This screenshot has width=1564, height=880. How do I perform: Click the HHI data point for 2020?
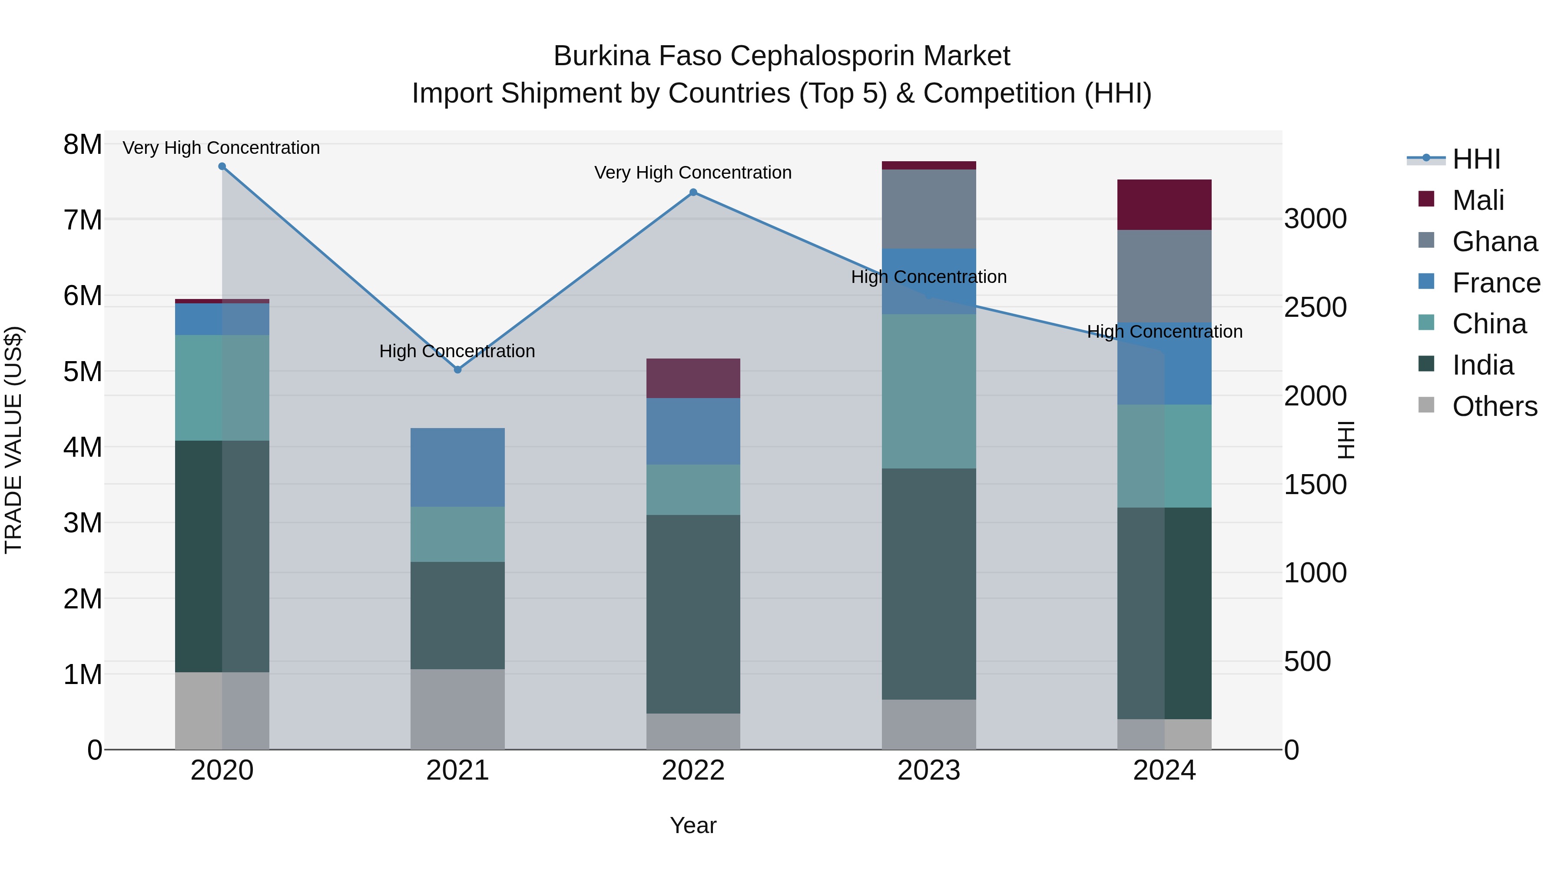click(222, 166)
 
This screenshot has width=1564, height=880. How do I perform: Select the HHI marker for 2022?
click(693, 193)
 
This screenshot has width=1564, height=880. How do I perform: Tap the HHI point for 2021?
click(458, 370)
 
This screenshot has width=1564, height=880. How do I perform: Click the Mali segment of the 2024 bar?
click(1164, 205)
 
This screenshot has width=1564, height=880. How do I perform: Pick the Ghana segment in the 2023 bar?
click(928, 209)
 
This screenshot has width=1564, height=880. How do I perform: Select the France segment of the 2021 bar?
click(458, 467)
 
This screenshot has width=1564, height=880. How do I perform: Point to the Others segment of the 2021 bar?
click(458, 709)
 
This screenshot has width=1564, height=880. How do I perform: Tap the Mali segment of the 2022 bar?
click(693, 379)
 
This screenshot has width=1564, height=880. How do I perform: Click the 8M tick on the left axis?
click(83, 145)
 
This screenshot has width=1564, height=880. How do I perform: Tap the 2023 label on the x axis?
click(928, 770)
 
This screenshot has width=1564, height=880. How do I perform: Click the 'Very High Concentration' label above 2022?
click(693, 173)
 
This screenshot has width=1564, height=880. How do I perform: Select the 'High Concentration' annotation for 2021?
click(457, 351)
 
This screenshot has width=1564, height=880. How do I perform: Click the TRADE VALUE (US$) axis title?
click(13, 440)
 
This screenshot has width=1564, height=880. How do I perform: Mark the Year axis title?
click(693, 825)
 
